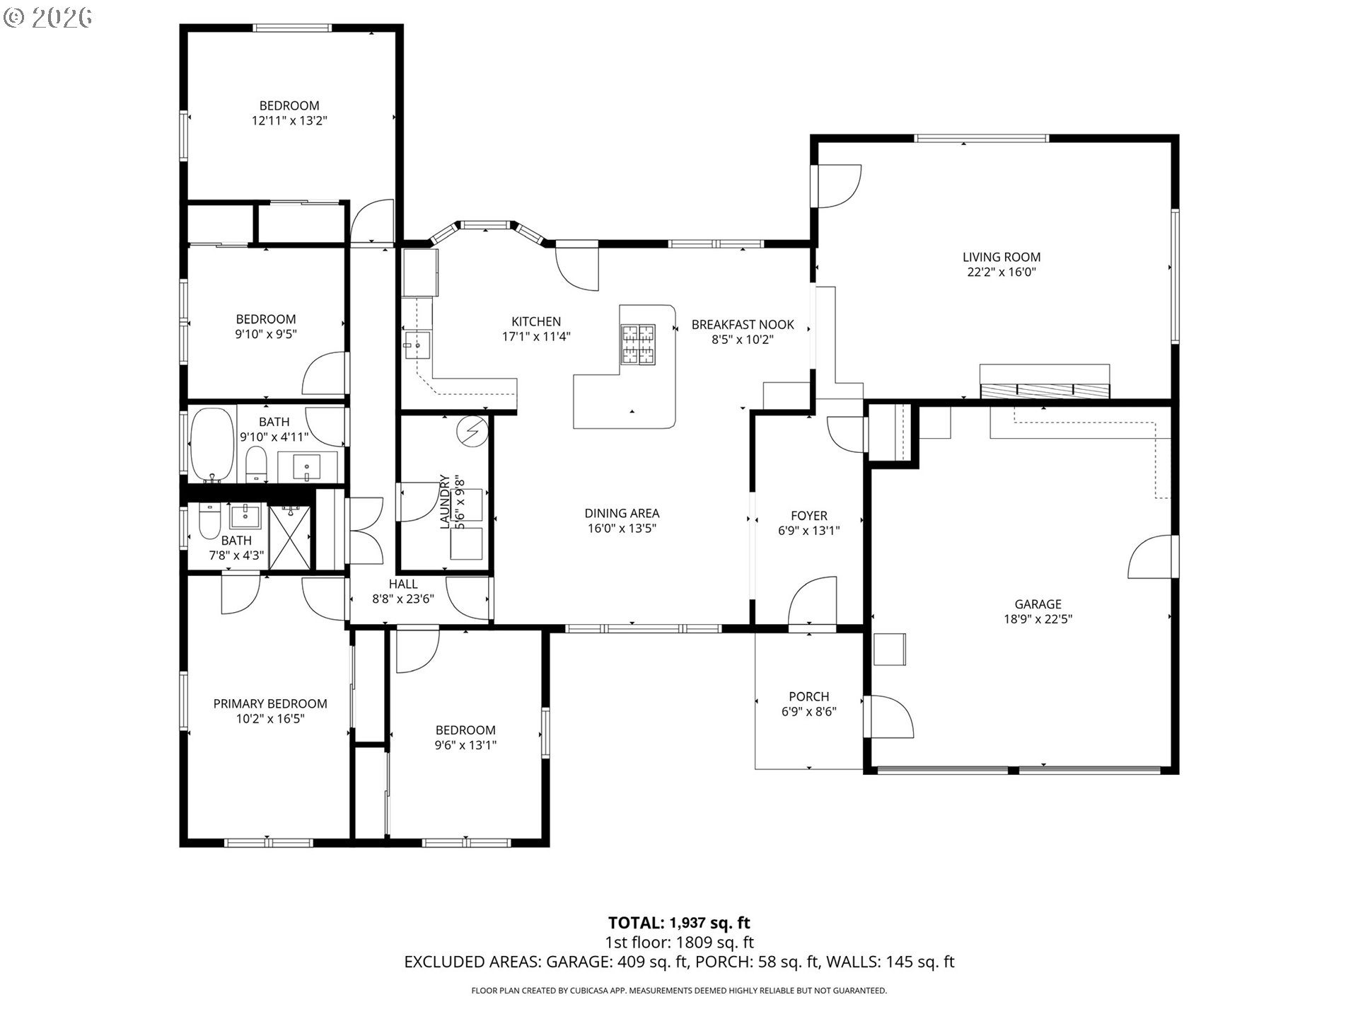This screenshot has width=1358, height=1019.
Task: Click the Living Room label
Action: tap(1001, 258)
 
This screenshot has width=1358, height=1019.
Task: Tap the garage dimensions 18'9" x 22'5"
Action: tap(1038, 619)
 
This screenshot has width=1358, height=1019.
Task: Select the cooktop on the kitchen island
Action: tap(638, 345)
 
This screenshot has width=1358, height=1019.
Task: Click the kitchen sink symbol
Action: tap(417, 345)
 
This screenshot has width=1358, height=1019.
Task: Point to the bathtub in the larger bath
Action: tap(211, 444)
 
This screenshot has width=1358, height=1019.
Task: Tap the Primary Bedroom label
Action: tap(270, 703)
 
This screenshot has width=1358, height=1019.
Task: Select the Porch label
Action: tap(808, 696)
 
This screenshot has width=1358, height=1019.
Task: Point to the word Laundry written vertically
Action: tap(445, 502)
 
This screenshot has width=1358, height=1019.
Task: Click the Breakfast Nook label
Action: tap(743, 325)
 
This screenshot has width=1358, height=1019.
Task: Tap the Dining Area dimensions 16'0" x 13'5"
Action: tap(622, 529)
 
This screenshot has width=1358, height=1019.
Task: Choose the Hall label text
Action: tap(402, 584)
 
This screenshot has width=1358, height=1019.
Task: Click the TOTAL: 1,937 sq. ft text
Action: tap(679, 923)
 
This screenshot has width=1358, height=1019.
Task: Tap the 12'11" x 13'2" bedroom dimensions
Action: tap(289, 121)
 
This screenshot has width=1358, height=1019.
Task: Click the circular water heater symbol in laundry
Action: tap(472, 431)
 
